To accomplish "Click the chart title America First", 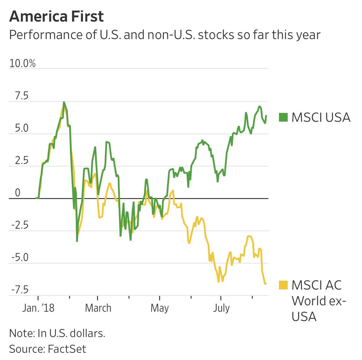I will pyautogui.click(x=56, y=17).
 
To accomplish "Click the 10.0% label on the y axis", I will pyautogui.click(x=22, y=64).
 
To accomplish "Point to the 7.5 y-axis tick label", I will pyautogui.click(x=19, y=97).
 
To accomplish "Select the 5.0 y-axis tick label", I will pyautogui.click(x=19, y=129).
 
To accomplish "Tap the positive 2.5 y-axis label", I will pyautogui.click(x=19, y=161).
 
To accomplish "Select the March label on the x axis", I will pyautogui.click(x=98, y=308).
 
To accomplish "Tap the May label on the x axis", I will pyautogui.click(x=159, y=308).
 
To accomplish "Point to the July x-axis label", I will pyautogui.click(x=221, y=308).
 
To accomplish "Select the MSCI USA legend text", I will pyautogui.click(x=321, y=117).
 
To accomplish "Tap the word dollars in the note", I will pyautogui.click(x=87, y=333).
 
